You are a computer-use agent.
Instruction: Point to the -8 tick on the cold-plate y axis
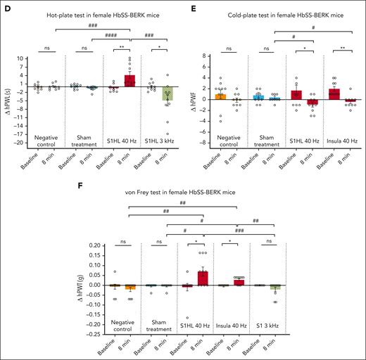[206, 143]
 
